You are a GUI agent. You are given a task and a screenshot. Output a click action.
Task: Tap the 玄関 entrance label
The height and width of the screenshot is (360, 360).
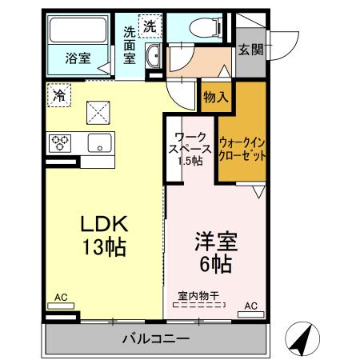(x=250, y=50)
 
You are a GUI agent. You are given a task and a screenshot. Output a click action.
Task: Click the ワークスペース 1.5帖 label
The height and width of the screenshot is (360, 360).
(x=190, y=147)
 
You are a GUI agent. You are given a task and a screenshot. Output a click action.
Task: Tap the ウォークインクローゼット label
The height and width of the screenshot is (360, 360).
(x=242, y=148)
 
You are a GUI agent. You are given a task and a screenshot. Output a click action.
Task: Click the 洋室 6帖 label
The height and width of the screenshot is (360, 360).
(x=214, y=252)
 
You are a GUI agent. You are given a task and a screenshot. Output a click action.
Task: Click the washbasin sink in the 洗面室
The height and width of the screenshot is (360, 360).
(x=154, y=55)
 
